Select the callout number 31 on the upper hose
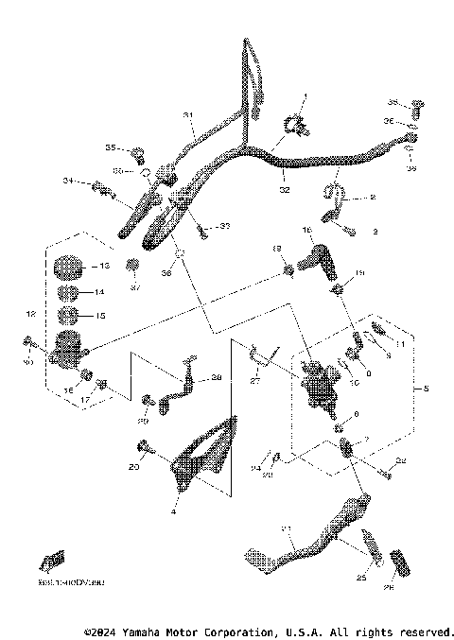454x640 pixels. tap(188, 115)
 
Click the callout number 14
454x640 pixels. tap(98, 293)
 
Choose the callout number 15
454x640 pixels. tap(102, 316)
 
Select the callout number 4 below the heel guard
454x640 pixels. tap(172, 512)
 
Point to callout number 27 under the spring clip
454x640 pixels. tap(254, 381)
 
